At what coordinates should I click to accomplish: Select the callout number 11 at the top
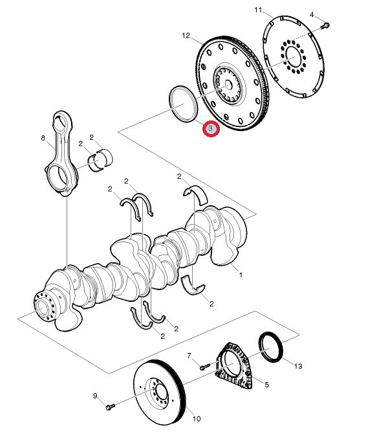(x=258, y=10)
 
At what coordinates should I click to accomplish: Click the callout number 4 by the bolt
(x=312, y=14)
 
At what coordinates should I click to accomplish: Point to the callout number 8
(x=43, y=138)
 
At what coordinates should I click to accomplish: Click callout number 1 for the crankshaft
(x=241, y=275)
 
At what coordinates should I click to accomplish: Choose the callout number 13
(x=297, y=367)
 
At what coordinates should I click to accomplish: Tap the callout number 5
(x=266, y=384)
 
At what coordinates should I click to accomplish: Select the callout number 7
(x=189, y=356)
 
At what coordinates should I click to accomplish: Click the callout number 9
(x=94, y=396)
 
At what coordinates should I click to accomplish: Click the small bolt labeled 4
(x=325, y=26)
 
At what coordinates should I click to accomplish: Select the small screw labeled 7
(x=204, y=367)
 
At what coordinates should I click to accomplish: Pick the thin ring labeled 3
(x=182, y=104)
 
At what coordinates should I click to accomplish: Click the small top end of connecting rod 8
(x=61, y=120)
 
